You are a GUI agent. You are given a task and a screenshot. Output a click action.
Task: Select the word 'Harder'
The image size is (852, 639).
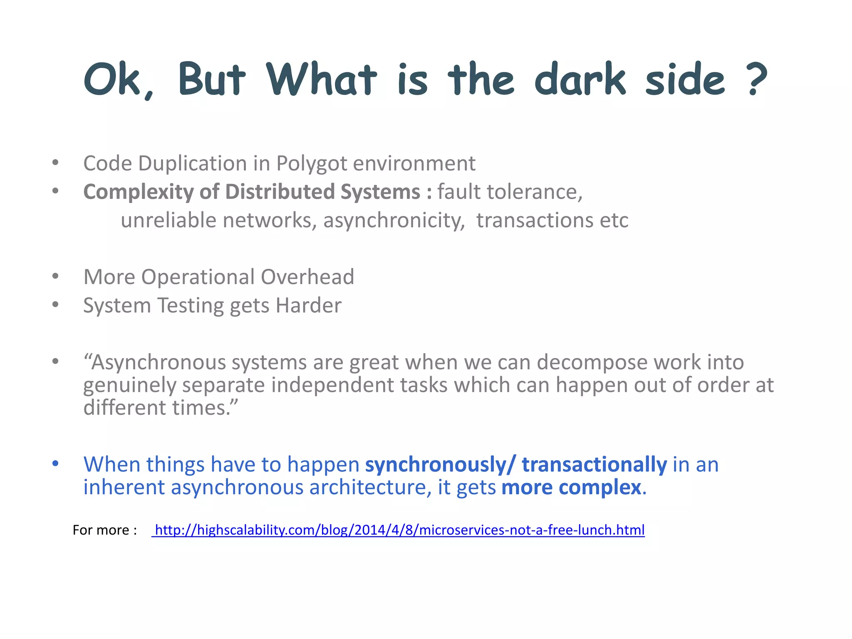click(308, 306)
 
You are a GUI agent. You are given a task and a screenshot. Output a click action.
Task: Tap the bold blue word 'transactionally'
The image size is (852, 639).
click(594, 464)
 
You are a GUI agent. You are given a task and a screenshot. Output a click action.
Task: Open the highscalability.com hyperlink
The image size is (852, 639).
click(399, 530)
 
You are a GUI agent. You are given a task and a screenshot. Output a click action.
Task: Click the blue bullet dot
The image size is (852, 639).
click(55, 463)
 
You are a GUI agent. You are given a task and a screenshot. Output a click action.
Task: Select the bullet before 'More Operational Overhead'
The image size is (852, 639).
click(55, 276)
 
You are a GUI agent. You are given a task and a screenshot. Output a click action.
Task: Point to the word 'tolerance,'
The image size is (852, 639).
click(535, 192)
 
